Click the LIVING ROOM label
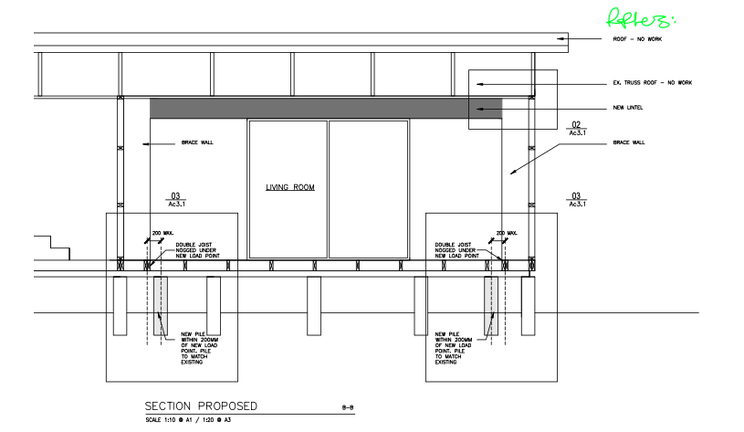pos(290,187)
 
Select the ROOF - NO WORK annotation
pos(636,40)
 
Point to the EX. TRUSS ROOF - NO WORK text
pos(652,83)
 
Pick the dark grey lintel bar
pos(326,107)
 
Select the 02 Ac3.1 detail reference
pos(576,129)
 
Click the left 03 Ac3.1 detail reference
pos(177,199)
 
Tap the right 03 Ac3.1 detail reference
pos(576,199)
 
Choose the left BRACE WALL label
pos(196,143)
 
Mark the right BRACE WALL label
pos(629,143)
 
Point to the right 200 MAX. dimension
pos(507,234)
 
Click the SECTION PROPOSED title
pos(201,406)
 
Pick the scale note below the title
pos(187,420)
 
